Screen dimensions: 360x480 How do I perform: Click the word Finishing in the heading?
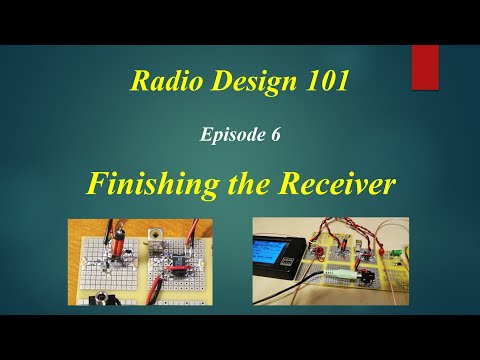click(x=154, y=183)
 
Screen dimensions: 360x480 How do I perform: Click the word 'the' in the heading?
click(x=252, y=183)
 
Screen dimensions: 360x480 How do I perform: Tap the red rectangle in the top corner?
click(x=425, y=66)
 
